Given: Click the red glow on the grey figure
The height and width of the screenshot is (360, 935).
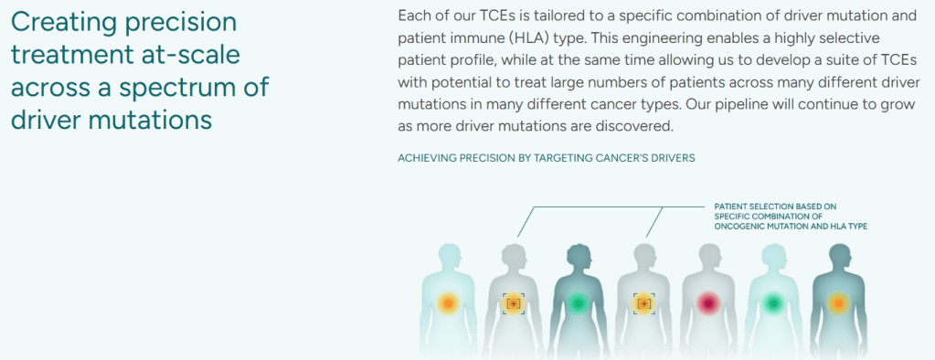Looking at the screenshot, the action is tap(708, 303).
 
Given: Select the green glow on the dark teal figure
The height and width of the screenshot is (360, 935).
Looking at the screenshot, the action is tap(577, 303).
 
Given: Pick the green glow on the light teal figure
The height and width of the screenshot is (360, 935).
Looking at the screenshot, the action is tap(773, 303).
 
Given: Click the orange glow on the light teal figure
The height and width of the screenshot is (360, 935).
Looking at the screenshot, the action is tap(447, 303).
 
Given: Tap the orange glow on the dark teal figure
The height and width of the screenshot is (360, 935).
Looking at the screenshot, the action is tap(838, 303).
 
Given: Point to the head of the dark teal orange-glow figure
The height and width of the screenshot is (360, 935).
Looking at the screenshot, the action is tap(839, 255).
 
